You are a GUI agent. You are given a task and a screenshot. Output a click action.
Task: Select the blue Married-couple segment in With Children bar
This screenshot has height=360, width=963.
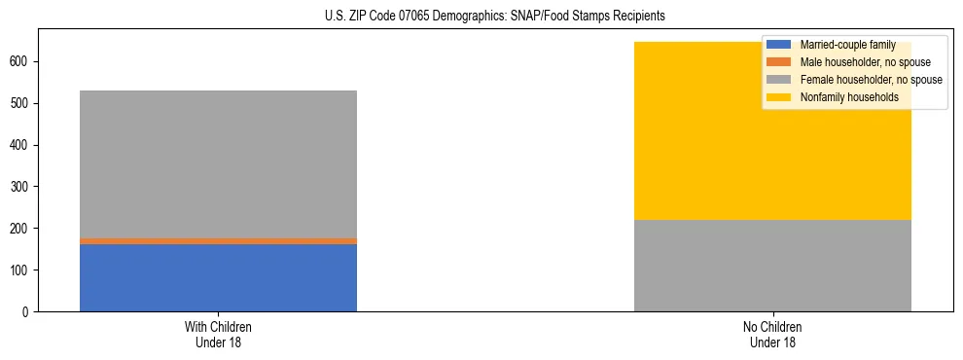click(218, 277)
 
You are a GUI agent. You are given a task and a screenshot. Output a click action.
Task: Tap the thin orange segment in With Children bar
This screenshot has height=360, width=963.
click(218, 240)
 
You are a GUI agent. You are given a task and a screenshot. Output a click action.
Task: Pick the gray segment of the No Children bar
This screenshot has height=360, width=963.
click(772, 266)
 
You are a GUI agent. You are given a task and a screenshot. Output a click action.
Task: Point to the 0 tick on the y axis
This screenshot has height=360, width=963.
click(29, 311)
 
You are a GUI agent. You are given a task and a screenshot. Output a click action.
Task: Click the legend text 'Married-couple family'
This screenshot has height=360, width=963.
click(847, 45)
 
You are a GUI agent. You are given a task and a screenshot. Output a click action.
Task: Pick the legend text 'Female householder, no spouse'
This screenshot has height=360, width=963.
click(871, 80)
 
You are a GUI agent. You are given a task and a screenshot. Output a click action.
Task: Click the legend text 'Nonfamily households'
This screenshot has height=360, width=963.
click(848, 97)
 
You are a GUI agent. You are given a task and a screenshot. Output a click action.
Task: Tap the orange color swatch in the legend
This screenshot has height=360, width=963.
click(779, 62)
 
